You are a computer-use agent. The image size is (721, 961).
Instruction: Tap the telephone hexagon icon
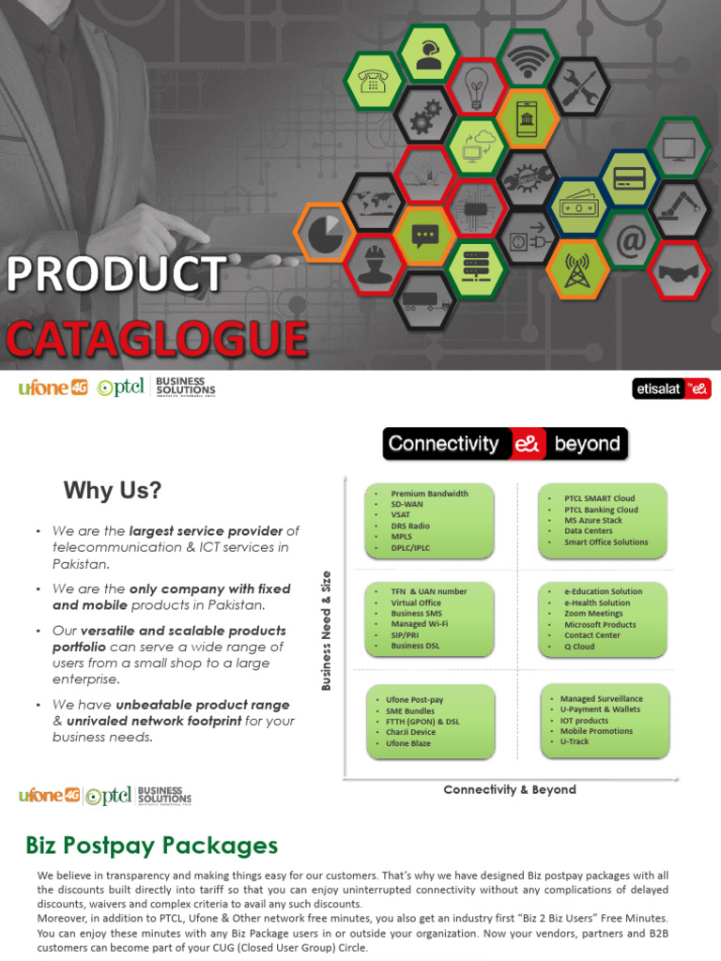click(375, 81)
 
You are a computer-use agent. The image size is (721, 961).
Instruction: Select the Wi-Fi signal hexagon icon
click(529, 58)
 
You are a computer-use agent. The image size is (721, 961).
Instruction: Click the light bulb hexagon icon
click(477, 86)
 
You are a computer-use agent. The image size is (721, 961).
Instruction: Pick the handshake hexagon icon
click(680, 270)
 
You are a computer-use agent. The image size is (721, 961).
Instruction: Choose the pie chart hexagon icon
click(325, 234)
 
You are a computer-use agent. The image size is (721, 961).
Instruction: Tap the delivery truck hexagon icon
click(426, 302)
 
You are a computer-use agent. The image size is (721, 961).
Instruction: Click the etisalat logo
click(671, 389)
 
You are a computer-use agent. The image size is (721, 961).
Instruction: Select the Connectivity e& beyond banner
click(505, 444)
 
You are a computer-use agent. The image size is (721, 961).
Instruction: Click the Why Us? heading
click(113, 491)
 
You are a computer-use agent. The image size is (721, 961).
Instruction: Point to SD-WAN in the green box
click(407, 504)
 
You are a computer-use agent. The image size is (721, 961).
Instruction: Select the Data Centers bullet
click(589, 531)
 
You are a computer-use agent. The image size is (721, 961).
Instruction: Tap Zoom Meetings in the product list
click(593, 614)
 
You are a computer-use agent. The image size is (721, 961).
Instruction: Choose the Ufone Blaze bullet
click(408, 743)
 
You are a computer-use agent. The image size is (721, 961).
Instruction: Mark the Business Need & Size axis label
click(327, 630)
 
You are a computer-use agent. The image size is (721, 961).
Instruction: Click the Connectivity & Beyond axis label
click(510, 790)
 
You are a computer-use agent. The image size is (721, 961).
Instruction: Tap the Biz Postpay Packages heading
click(151, 846)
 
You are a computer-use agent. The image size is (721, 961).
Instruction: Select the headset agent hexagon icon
click(428, 53)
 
